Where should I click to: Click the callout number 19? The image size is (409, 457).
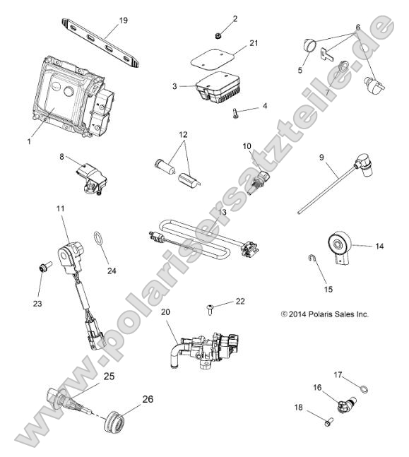tap(123, 20)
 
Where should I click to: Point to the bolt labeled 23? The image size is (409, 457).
tap(42, 268)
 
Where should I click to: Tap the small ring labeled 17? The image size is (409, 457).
tap(362, 387)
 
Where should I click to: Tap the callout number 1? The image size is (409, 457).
tap(29, 141)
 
